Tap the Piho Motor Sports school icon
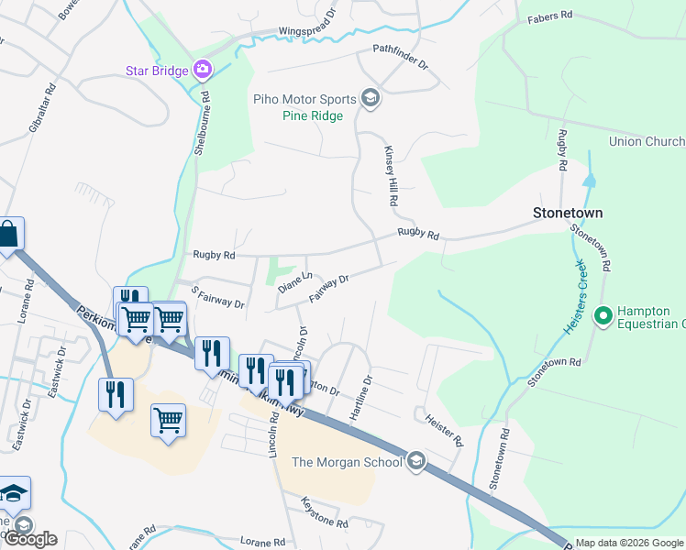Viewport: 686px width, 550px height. click(371, 98)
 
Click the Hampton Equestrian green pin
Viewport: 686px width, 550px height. click(603, 316)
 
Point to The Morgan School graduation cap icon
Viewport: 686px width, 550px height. click(415, 461)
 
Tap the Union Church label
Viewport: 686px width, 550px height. click(647, 141)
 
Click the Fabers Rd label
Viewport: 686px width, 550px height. click(550, 16)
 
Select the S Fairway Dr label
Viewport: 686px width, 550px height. click(217, 298)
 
